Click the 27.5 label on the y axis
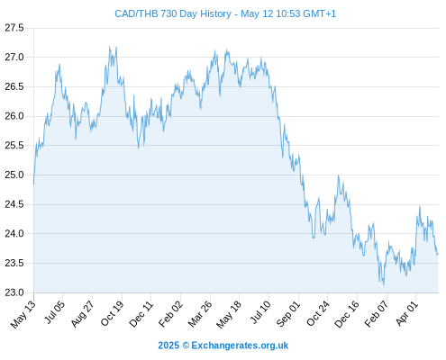click(x=14, y=28)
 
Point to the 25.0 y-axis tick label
click(x=14, y=175)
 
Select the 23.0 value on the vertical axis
click(x=14, y=292)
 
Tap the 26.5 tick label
click(x=14, y=86)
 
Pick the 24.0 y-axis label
click(x=14, y=233)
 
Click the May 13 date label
click(x=23, y=314)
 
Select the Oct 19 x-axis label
click(x=112, y=314)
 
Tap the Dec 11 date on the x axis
click(x=141, y=314)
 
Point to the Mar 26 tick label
click(x=200, y=314)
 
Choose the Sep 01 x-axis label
click(x=288, y=314)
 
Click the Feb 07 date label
click(x=377, y=314)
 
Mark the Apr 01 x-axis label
click(x=407, y=314)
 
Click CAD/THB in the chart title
click(x=136, y=13)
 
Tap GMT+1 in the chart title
click(x=320, y=13)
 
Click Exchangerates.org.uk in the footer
click(x=240, y=346)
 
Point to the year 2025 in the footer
click(x=168, y=346)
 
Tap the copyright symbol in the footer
click(x=186, y=346)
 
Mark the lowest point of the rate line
click(x=384, y=285)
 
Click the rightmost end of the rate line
click(x=438, y=254)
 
